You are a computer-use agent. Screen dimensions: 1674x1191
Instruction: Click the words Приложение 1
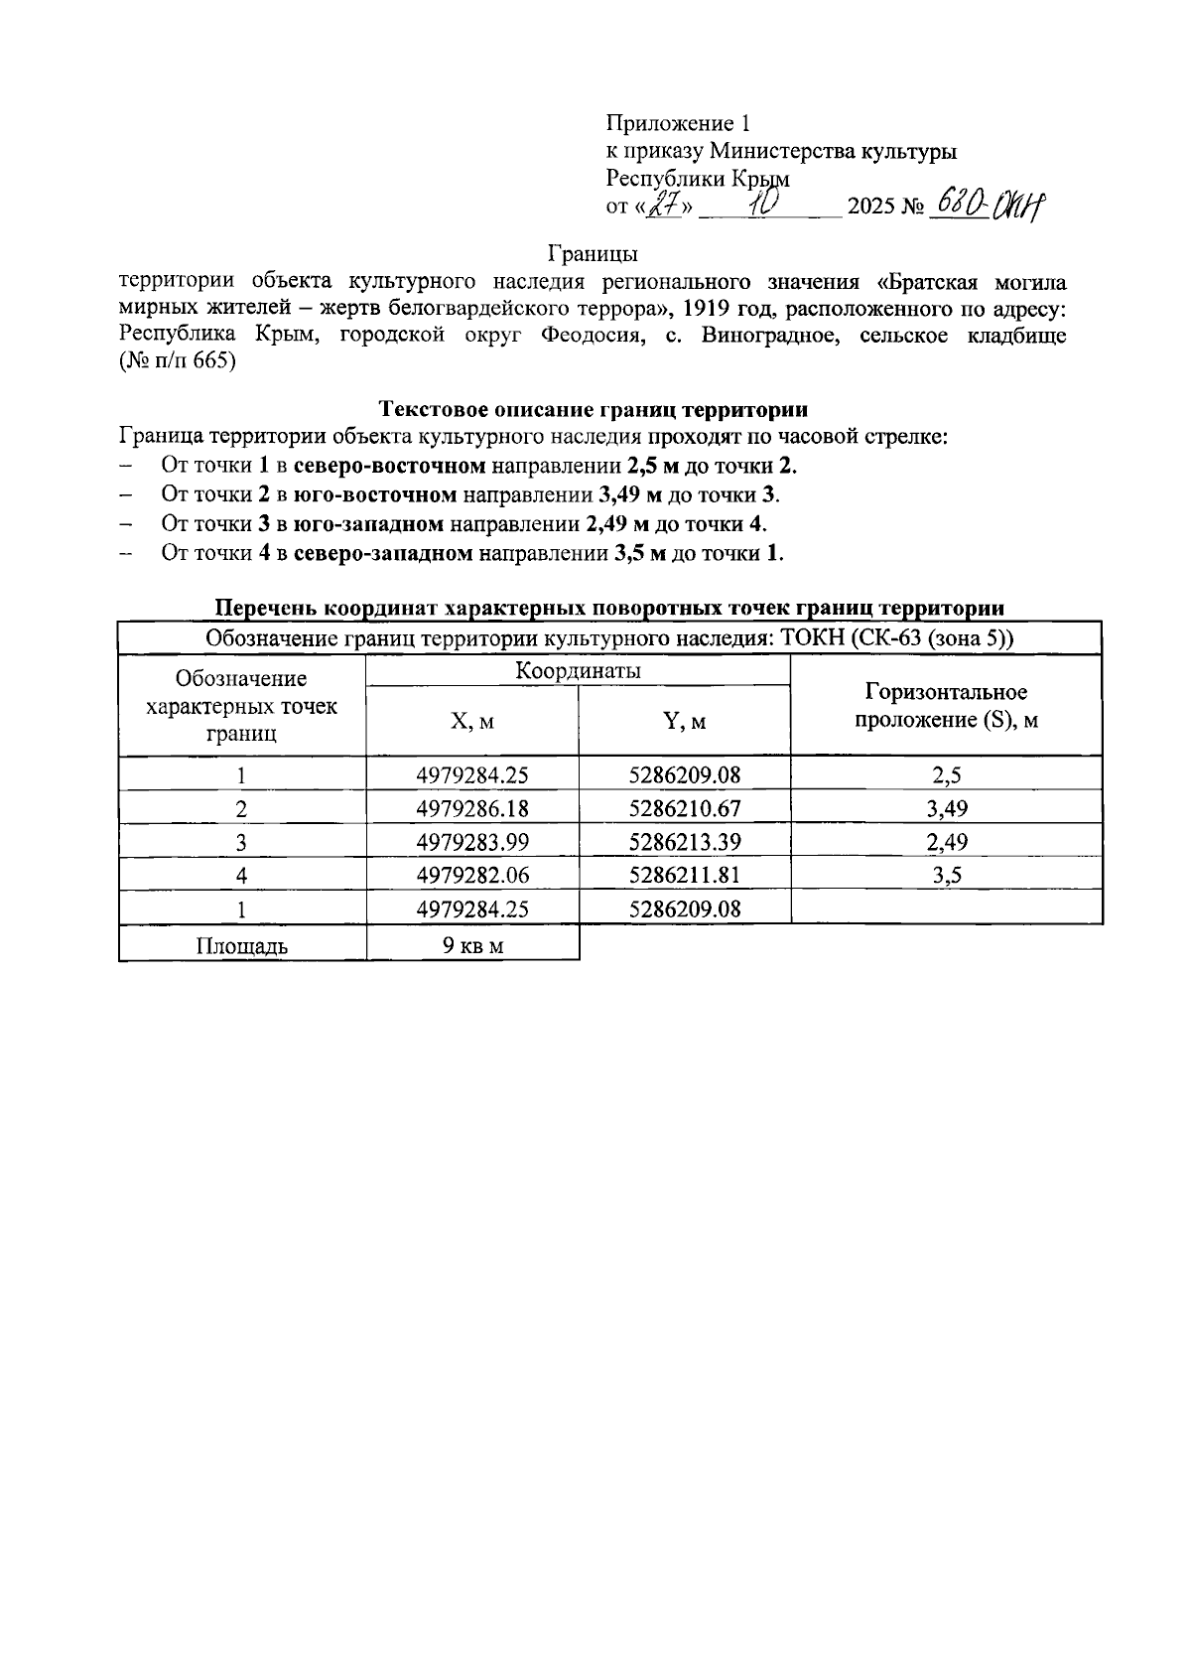[678, 123]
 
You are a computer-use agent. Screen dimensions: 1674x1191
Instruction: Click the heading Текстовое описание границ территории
[594, 409]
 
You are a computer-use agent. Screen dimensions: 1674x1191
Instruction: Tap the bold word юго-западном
[368, 523]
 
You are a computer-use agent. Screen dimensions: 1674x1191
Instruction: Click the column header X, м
[472, 722]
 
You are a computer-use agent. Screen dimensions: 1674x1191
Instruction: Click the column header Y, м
[685, 722]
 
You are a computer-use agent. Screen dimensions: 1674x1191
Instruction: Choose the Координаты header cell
[578, 671]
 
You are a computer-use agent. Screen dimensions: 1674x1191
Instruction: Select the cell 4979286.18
[472, 808]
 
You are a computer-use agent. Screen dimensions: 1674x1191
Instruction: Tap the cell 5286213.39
[685, 842]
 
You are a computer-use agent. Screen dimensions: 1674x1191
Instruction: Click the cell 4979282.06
[472, 875]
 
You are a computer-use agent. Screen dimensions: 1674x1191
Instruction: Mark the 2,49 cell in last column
[946, 842]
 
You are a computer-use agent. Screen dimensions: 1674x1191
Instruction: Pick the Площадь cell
[241, 945]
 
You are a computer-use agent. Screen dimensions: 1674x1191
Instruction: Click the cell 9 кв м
[472, 945]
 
